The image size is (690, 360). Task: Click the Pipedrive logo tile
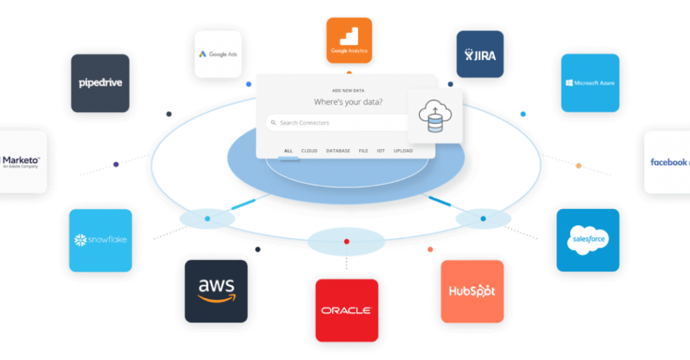[100, 83]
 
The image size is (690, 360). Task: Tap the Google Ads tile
[218, 54]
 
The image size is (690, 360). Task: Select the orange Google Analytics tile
[348, 40]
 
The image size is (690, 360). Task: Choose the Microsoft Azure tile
[590, 83]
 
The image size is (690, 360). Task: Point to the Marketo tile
[22, 161]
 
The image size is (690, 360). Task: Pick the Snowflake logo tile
[100, 240]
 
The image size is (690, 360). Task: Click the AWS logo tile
[216, 291]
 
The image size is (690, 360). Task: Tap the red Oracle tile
[346, 310]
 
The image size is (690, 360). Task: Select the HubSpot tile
[472, 291]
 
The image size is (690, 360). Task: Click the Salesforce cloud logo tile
[588, 240]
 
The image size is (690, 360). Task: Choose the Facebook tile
[668, 162]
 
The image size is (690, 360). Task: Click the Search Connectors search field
[337, 123]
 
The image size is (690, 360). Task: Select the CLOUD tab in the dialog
[309, 151]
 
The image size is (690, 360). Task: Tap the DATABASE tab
[338, 151]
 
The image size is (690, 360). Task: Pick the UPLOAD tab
[403, 151]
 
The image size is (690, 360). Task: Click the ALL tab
[288, 151]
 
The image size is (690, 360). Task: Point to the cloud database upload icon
[435, 115]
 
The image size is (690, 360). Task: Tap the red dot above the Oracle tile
[346, 241]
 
